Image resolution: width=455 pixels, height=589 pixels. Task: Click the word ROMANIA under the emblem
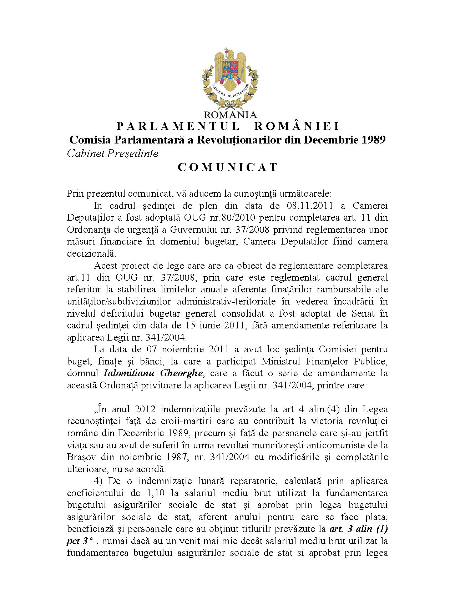click(230, 115)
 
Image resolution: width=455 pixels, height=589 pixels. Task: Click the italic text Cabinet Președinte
click(112, 153)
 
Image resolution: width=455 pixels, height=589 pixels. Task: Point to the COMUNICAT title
click(228, 167)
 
